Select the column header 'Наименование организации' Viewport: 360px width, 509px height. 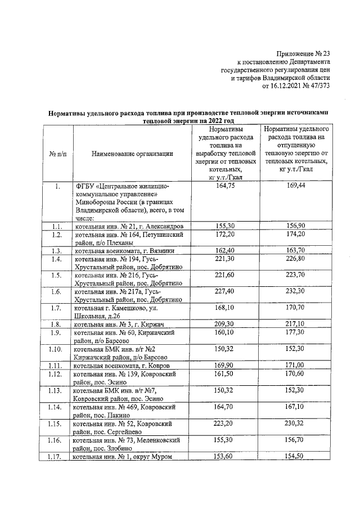[x=132, y=154]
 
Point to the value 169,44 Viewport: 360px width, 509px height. [x=295, y=186]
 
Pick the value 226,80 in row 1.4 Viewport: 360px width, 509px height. [x=295, y=259]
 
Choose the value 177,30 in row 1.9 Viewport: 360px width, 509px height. [x=295, y=333]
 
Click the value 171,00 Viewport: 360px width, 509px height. [x=295, y=366]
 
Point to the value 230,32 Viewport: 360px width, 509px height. [x=295, y=422]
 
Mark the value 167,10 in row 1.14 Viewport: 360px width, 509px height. [x=295, y=406]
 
